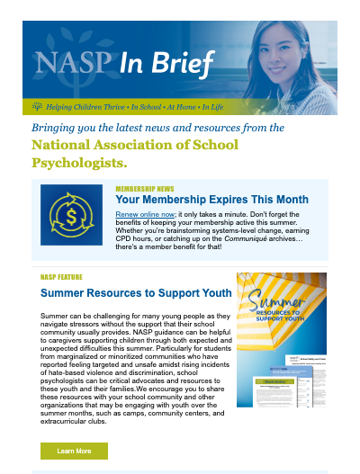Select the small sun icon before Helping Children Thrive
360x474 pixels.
coord(38,105)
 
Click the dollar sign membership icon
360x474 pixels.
coord(71,215)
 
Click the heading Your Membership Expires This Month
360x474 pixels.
coord(212,200)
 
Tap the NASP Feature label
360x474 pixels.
coord(67,277)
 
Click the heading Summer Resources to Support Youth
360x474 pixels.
coord(123,293)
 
